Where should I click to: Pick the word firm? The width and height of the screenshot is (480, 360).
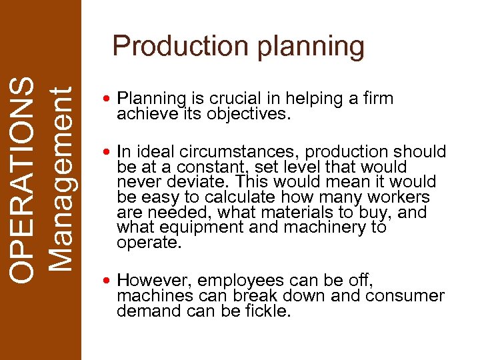point(379,99)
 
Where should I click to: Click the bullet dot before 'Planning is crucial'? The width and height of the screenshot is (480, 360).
point(108,100)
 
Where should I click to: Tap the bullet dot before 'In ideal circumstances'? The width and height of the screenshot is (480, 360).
point(108,153)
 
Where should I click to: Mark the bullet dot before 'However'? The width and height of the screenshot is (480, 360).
point(108,281)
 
